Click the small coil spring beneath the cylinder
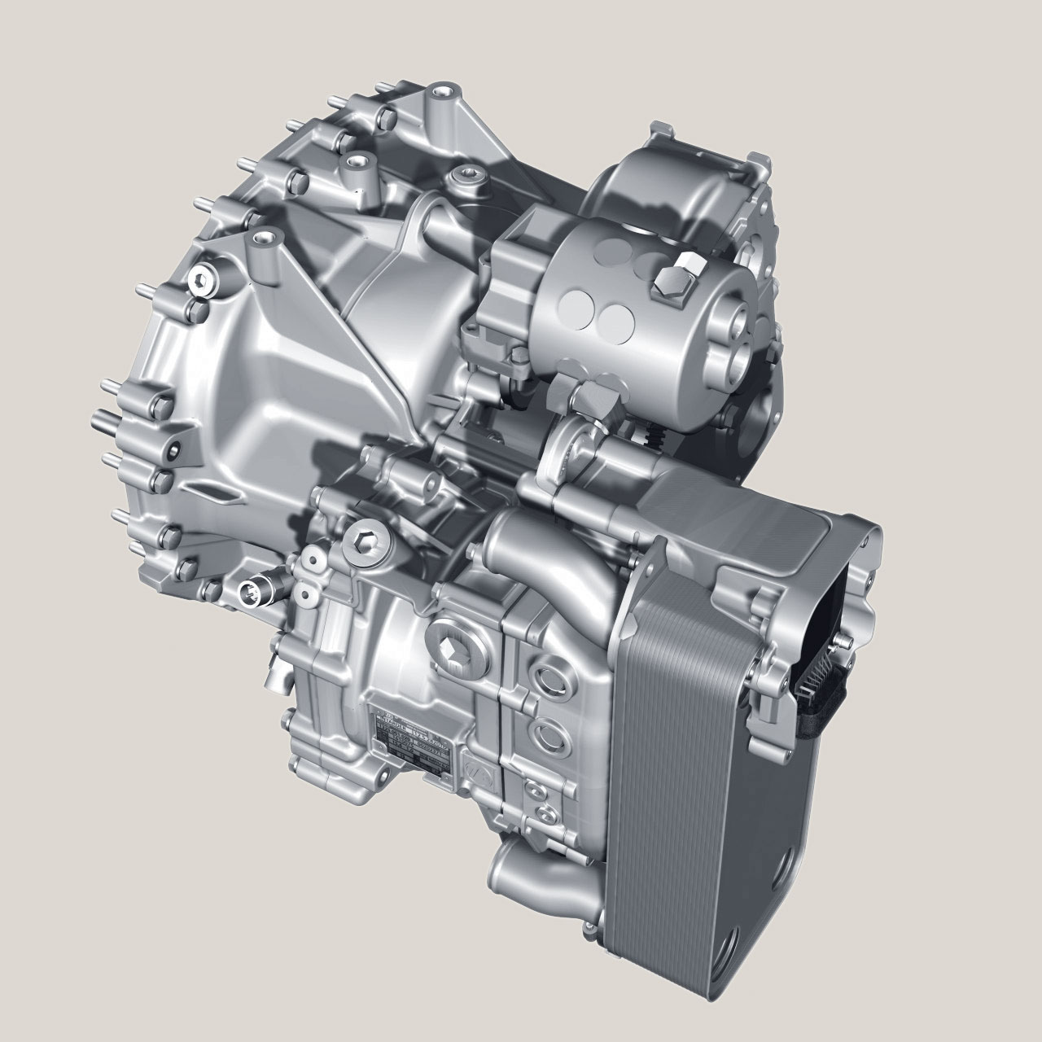(x=651, y=440)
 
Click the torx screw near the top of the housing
(x=467, y=173)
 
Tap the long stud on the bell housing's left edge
(x=106, y=419)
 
